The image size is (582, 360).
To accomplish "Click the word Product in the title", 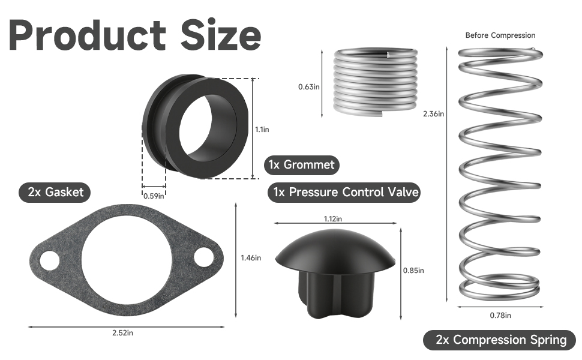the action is click(x=87, y=36).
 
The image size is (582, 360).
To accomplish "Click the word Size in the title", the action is click(x=221, y=35).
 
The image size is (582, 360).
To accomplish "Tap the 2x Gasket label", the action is click(x=55, y=192).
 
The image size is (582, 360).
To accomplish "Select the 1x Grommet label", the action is click(x=301, y=165).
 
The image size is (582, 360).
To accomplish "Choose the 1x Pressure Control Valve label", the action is click(x=344, y=192).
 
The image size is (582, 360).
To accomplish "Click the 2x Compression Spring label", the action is click(x=500, y=340).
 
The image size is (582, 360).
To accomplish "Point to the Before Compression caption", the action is click(x=500, y=35).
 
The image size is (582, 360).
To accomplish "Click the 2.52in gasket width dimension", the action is click(x=123, y=333).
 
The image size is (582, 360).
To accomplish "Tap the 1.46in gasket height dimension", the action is click(x=251, y=257).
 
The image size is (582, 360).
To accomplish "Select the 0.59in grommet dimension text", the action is click(x=154, y=196).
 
